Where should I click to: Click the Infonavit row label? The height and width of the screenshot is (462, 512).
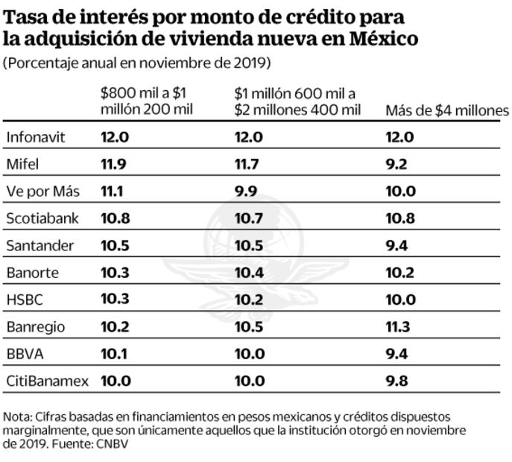(x=37, y=137)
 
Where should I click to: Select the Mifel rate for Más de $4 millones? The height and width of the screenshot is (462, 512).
(x=396, y=164)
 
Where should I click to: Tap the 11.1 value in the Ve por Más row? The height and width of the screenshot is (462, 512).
(x=111, y=192)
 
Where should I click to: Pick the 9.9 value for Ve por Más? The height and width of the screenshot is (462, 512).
(x=245, y=192)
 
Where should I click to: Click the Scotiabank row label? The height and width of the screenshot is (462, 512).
(x=42, y=218)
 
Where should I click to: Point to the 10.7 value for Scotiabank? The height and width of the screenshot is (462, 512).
(x=248, y=218)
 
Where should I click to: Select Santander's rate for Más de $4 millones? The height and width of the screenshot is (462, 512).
(x=396, y=246)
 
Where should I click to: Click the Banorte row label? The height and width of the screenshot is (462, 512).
(x=32, y=273)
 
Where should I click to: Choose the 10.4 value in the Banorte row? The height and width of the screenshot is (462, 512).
(x=249, y=273)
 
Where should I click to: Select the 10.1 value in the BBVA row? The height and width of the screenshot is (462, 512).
(x=115, y=354)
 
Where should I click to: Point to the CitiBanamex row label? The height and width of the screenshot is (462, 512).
(x=47, y=382)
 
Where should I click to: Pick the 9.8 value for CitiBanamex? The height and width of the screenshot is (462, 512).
(x=396, y=382)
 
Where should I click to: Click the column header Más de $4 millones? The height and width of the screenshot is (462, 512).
(x=446, y=110)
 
